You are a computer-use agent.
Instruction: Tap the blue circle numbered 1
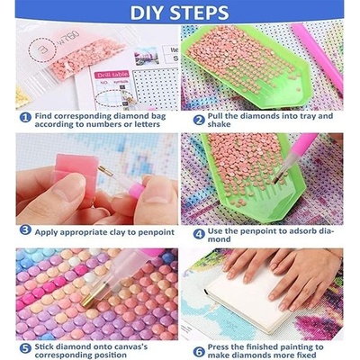pyautogui.click(x=25, y=118)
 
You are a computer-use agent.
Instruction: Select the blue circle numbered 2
pyautogui.click(x=199, y=121)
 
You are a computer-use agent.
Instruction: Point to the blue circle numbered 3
pyautogui.click(x=25, y=230)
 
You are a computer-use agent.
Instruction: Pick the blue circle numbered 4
pyautogui.click(x=199, y=234)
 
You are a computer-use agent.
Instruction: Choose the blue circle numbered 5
pyautogui.click(x=25, y=349)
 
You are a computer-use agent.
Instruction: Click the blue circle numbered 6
pyautogui.click(x=199, y=350)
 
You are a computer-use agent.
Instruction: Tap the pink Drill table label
pyautogui.click(x=112, y=75)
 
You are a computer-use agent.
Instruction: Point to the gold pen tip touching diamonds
pyautogui.click(x=87, y=300)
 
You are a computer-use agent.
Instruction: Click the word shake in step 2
pyautogui.click(x=219, y=124)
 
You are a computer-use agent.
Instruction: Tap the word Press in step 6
pyautogui.click(x=219, y=347)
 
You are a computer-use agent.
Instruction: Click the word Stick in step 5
pyautogui.click(x=45, y=347)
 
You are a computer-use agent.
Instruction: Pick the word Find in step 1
pyautogui.click(x=43, y=116)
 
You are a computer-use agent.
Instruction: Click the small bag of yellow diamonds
pyautogui.click(x=22, y=96)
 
